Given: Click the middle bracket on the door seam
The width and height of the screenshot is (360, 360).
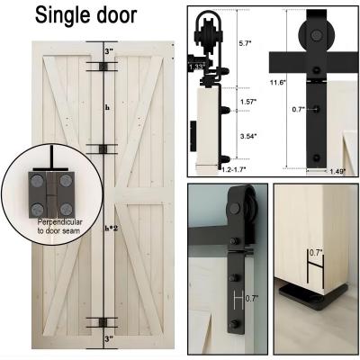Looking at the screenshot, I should tap(103, 148).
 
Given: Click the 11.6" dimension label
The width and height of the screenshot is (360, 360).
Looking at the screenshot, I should tap(277, 82).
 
